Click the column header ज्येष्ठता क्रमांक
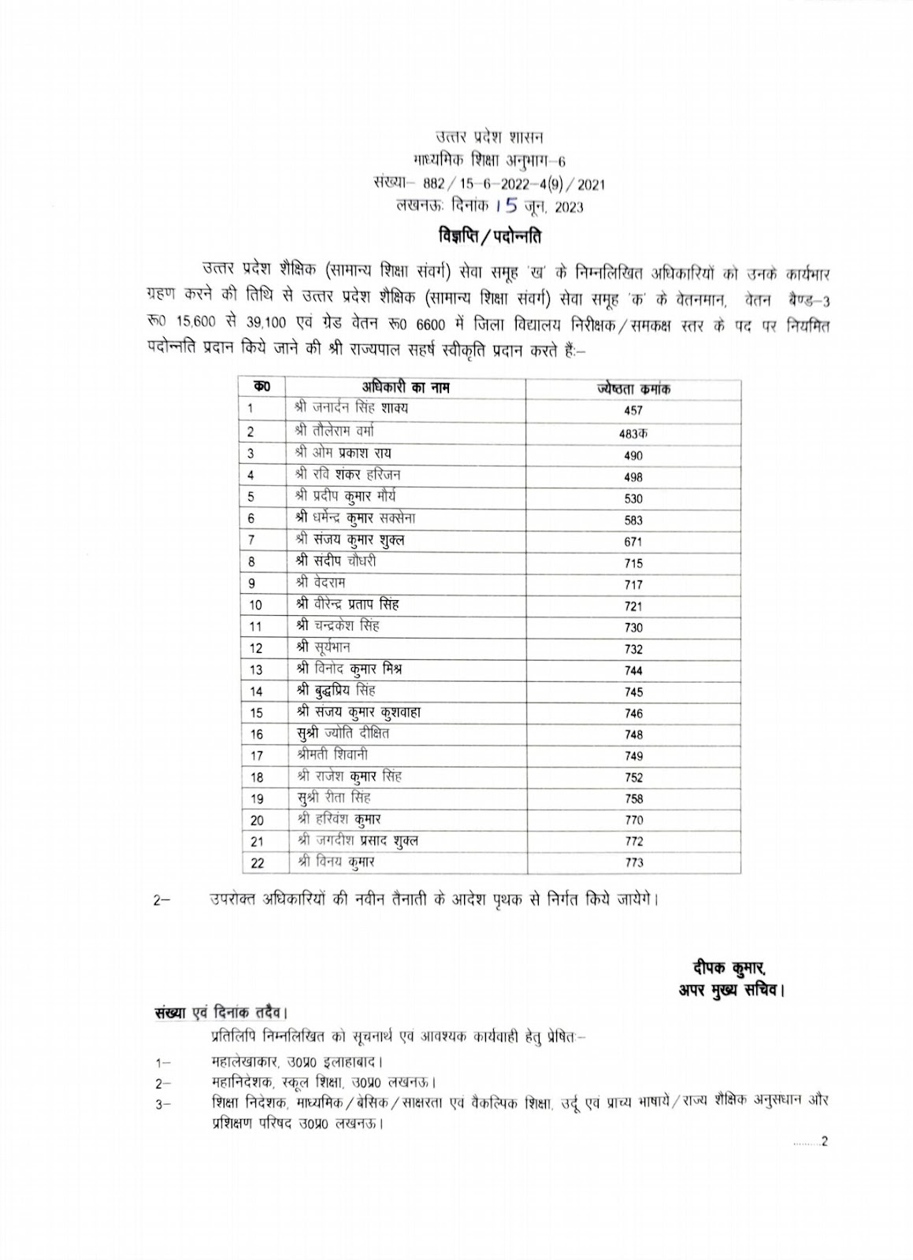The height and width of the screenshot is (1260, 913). pyautogui.click(x=633, y=389)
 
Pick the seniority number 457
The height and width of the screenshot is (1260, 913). pyautogui.click(x=633, y=410)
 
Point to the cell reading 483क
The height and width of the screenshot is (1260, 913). pyautogui.click(x=633, y=433)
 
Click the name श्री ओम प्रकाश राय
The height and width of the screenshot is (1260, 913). pyautogui.click(x=342, y=454)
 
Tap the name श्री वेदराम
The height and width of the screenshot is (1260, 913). pyautogui.click(x=318, y=583)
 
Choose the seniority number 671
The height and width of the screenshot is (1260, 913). pyautogui.click(x=633, y=542)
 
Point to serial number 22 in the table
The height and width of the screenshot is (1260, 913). pyautogui.click(x=257, y=863)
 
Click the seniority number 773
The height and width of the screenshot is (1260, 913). pyautogui.click(x=633, y=862)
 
